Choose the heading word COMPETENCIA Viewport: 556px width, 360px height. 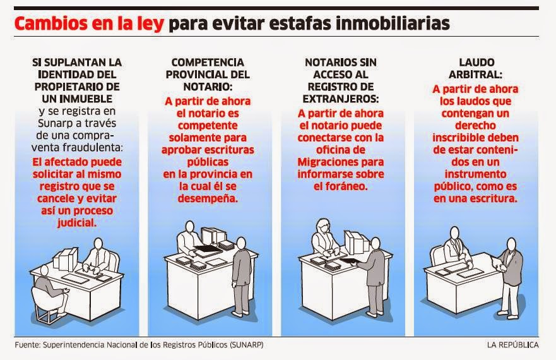point(207,63)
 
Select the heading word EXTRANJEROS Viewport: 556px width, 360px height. point(340,100)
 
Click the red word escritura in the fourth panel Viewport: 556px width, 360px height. point(496,198)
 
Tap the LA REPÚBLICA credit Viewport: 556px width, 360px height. point(512,345)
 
